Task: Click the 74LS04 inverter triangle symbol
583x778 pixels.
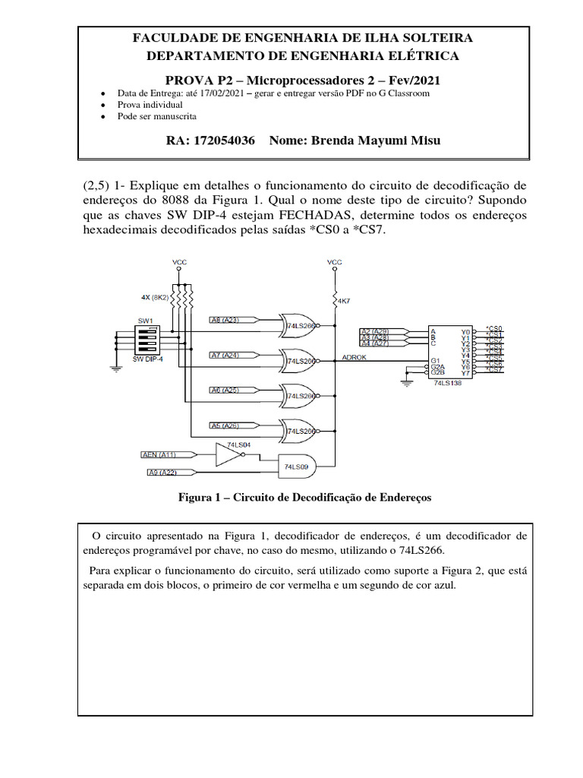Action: coord(227,454)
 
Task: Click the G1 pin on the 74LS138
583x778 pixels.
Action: coord(434,359)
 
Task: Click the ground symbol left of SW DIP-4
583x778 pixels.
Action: coord(115,370)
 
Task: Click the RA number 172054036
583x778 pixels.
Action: coord(225,141)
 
